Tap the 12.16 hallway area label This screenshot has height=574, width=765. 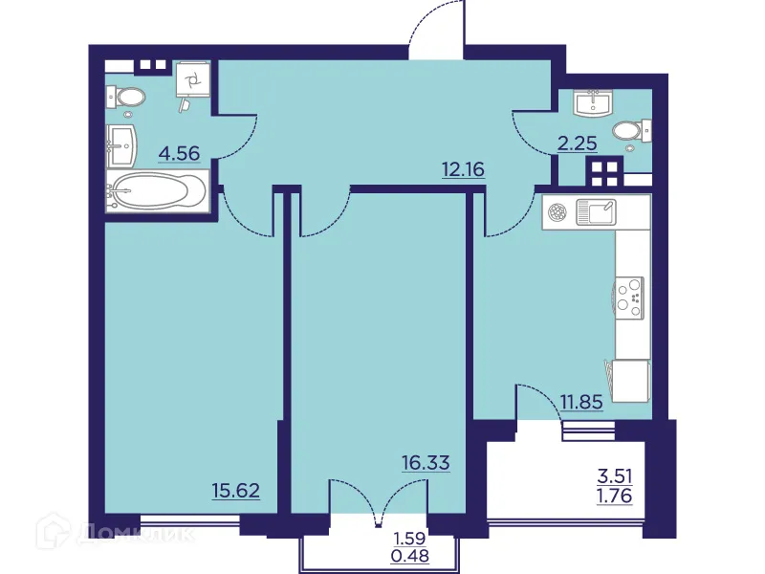tap(463, 170)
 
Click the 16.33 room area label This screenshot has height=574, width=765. tap(426, 462)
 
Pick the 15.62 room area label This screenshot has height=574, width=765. tap(236, 491)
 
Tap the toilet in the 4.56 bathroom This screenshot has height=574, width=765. tap(124, 96)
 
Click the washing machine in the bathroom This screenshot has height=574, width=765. tap(192, 81)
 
